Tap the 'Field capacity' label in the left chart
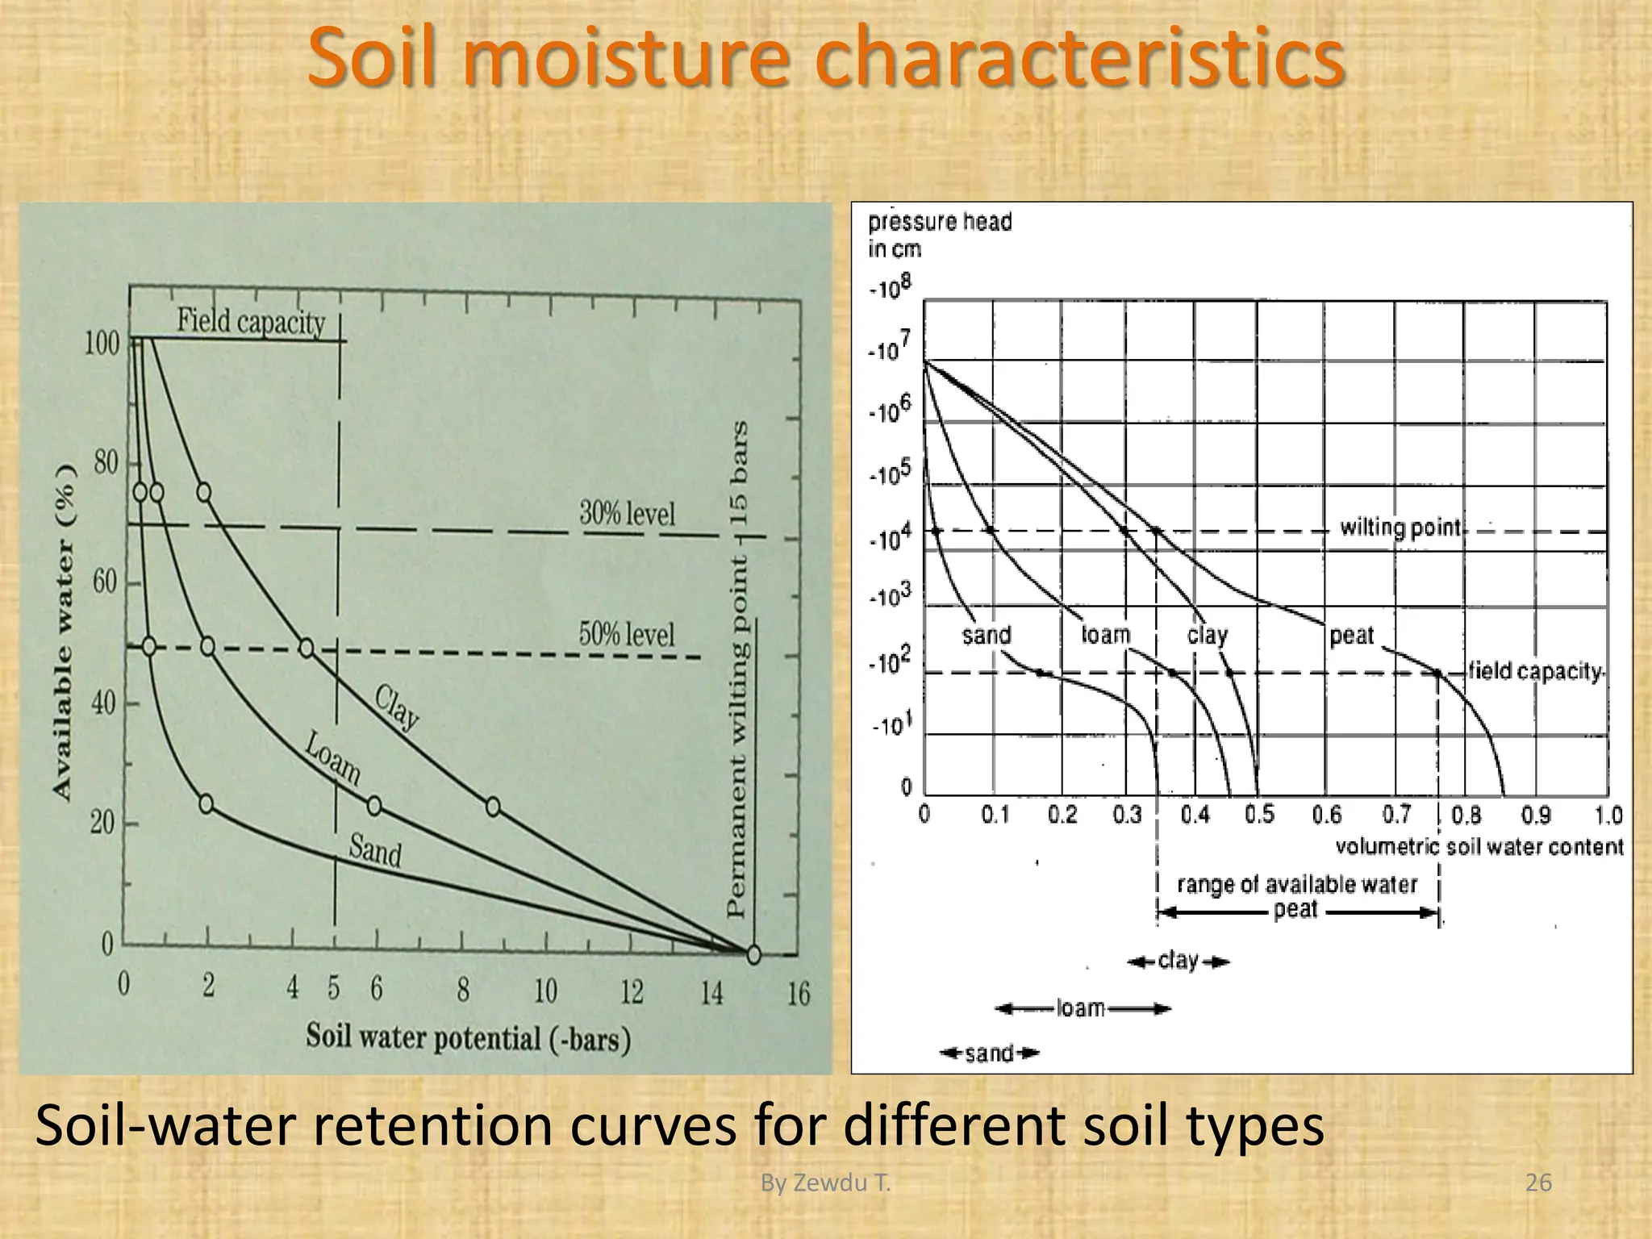(x=251, y=322)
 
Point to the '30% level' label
(x=627, y=513)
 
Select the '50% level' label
(x=627, y=635)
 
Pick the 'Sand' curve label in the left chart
(x=375, y=850)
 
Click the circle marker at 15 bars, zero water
(x=753, y=955)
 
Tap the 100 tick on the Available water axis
(x=102, y=344)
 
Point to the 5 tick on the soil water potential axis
(x=334, y=989)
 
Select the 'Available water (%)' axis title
(x=65, y=633)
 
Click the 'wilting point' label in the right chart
(x=1400, y=528)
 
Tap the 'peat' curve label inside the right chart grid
(x=1351, y=636)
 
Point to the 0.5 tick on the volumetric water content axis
(x=1259, y=816)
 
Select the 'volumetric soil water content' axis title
(x=1479, y=847)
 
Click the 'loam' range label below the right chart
(x=1080, y=1008)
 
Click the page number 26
(x=1539, y=1183)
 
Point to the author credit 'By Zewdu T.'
(x=826, y=1183)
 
